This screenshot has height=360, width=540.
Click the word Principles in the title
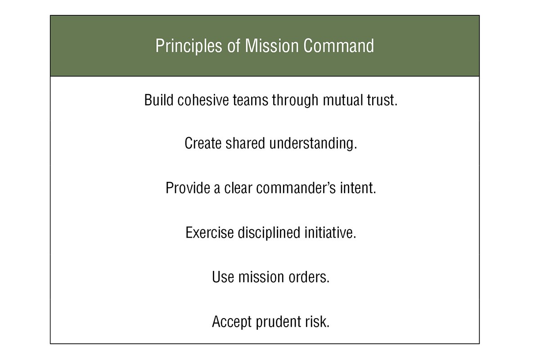(x=189, y=46)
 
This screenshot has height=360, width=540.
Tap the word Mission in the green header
(x=272, y=45)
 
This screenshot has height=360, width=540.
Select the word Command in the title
(x=339, y=45)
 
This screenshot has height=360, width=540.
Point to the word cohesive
(x=203, y=100)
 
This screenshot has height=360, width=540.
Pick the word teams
(x=250, y=100)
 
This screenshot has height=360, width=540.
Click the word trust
(x=382, y=100)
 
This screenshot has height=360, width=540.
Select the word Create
(x=203, y=143)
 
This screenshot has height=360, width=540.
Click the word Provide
(x=188, y=188)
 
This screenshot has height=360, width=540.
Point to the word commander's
(x=296, y=188)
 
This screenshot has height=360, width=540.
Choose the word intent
(x=358, y=188)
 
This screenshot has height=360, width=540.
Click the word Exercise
(x=210, y=233)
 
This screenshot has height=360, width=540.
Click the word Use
(x=223, y=277)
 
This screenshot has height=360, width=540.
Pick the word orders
(x=309, y=277)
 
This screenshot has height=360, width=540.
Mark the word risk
(x=317, y=321)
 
